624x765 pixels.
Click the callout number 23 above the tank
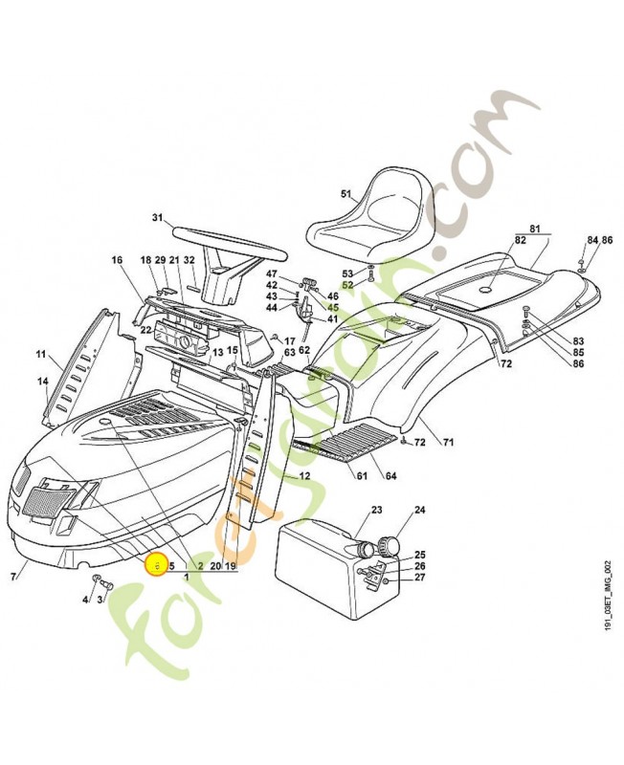pyautogui.click(x=376, y=511)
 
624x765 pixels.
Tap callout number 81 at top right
pyautogui.click(x=535, y=229)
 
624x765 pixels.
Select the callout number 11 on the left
pyautogui.click(x=41, y=356)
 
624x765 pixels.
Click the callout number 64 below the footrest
pyautogui.click(x=391, y=476)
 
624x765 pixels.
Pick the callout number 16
pyautogui.click(x=117, y=260)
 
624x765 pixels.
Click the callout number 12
pyautogui.click(x=304, y=475)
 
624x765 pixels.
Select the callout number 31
pyautogui.click(x=158, y=217)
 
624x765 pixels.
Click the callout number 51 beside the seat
pyautogui.click(x=346, y=193)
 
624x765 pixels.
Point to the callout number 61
pyautogui.click(x=363, y=476)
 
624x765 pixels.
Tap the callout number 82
pyautogui.click(x=521, y=242)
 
